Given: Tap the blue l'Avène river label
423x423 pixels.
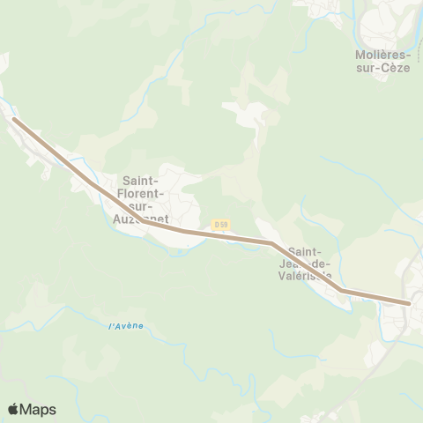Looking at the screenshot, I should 125,326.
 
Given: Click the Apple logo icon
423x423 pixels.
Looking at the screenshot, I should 13,409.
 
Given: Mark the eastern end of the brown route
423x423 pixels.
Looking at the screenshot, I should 410,303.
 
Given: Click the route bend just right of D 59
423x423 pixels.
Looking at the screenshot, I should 271,241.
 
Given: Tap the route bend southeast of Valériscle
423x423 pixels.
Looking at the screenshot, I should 341,290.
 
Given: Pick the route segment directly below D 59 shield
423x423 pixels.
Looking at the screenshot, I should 221,235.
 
